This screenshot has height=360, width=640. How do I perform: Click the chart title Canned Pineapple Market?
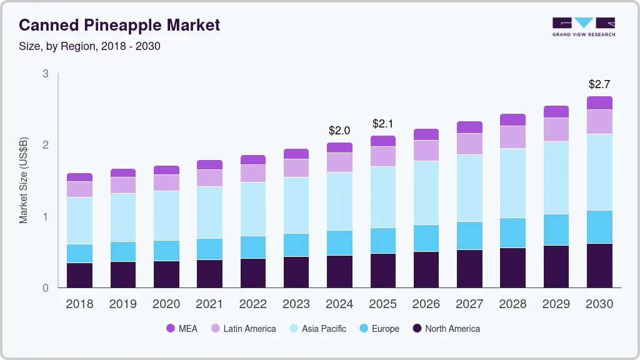tap(119, 26)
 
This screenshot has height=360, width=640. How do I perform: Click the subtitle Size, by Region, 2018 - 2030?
tap(90, 46)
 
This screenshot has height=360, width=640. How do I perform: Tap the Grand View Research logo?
tap(583, 26)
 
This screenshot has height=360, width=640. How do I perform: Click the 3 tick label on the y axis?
tap(45, 74)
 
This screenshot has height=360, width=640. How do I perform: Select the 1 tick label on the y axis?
tap(45, 217)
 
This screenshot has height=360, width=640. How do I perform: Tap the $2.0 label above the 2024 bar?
tap(339, 131)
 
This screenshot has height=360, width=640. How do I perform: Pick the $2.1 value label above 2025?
tap(382, 124)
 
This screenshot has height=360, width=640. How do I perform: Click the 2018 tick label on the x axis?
tap(79, 304)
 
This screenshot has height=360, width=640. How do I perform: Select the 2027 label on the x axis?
tap(469, 304)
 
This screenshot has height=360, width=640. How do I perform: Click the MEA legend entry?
tap(181, 329)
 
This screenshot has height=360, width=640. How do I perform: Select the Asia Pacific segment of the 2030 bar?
tap(600, 172)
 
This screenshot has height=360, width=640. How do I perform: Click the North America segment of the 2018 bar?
tap(79, 275)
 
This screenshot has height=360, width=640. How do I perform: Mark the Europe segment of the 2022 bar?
tap(253, 247)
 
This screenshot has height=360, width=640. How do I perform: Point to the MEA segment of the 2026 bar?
tap(426, 134)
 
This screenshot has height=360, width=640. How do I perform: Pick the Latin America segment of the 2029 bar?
tap(556, 129)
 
